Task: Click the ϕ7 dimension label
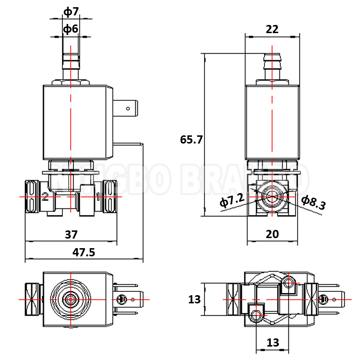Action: click(71, 11)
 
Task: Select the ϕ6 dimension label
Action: click(71, 29)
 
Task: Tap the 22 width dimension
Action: click(272, 29)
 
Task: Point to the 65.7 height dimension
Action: click(192, 140)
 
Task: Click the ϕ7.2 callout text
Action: click(232, 201)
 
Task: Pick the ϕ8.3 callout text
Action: click(313, 203)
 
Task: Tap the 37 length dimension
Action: click(71, 235)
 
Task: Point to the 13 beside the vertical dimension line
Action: click(194, 300)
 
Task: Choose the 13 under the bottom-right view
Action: click(273, 343)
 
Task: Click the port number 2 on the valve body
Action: click(45, 197)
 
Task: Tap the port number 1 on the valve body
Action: click(98, 196)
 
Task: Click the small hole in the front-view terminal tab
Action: click(128, 109)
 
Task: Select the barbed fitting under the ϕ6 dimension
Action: click(71, 62)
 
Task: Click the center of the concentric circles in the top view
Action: click(71, 300)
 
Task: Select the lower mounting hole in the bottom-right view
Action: click(255, 315)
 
